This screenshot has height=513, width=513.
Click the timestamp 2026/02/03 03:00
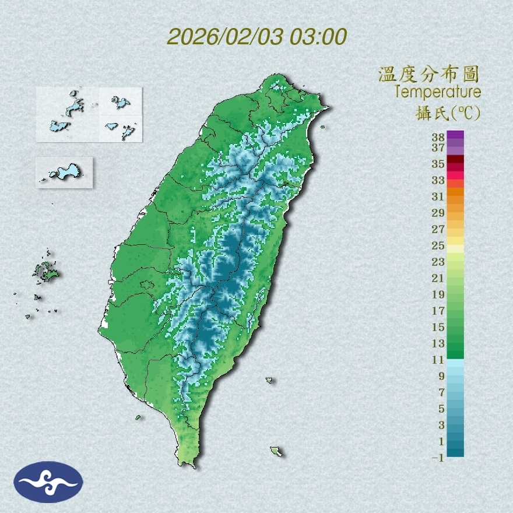click(x=256, y=37)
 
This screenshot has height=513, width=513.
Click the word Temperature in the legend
click(x=437, y=92)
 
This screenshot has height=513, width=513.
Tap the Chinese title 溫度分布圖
click(x=428, y=74)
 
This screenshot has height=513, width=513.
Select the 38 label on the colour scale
click(x=438, y=137)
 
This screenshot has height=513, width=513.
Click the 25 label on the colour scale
click(x=438, y=245)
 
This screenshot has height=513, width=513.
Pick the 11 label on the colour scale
click(x=438, y=360)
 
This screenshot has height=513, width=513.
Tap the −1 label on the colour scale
click(x=437, y=458)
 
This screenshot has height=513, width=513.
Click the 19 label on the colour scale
click(x=438, y=294)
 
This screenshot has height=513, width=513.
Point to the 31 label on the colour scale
click(x=438, y=196)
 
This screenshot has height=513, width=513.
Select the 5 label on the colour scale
click(x=441, y=409)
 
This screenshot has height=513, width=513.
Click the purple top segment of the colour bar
click(x=456, y=135)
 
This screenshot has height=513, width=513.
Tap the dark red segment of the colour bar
click(x=456, y=160)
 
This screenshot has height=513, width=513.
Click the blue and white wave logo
click(x=48, y=482)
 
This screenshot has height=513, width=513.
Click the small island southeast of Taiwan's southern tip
click(x=276, y=451)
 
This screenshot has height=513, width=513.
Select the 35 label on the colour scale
click(x=438, y=164)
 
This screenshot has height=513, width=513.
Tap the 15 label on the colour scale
click(x=438, y=327)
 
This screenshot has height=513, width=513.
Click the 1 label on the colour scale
click(x=441, y=442)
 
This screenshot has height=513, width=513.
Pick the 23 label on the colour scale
click(x=438, y=262)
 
